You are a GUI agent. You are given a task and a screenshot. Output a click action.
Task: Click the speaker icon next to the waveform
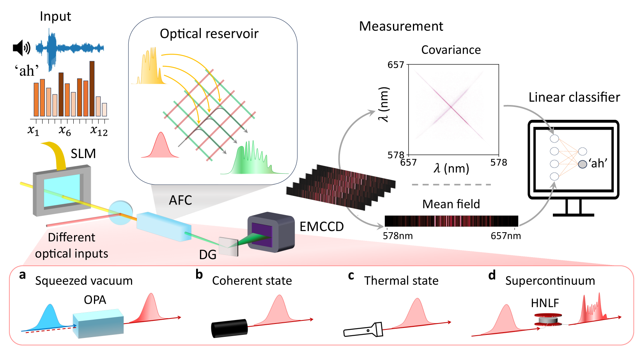(x=21, y=48)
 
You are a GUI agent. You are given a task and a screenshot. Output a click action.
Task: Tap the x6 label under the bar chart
(x=65, y=131)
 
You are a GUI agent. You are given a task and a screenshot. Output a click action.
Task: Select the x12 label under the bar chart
(x=99, y=131)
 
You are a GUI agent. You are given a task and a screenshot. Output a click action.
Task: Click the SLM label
(x=83, y=154)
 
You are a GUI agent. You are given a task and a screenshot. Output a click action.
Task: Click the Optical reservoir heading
(x=209, y=34)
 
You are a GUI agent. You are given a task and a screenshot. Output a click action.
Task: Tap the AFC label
(x=180, y=200)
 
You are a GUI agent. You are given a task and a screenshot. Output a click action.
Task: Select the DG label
(x=207, y=255)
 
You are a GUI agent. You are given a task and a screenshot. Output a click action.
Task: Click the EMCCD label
(x=321, y=226)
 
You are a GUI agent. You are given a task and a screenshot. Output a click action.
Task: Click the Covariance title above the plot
(x=451, y=50)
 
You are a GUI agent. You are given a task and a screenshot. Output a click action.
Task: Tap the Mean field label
(x=451, y=204)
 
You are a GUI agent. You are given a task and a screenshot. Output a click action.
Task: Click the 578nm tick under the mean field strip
(x=398, y=236)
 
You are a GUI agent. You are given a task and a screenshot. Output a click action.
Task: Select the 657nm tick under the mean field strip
(x=505, y=236)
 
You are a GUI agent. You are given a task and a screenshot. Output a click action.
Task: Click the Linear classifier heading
(x=574, y=97)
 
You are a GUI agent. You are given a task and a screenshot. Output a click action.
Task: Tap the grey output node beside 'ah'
(x=583, y=164)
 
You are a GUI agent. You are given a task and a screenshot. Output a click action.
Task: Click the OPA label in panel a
(x=95, y=300)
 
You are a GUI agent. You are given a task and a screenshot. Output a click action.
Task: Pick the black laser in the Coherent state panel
(x=229, y=328)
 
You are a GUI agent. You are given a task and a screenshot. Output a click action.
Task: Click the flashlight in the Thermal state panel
(x=363, y=330)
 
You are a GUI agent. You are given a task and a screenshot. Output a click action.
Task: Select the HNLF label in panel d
(x=545, y=303)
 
